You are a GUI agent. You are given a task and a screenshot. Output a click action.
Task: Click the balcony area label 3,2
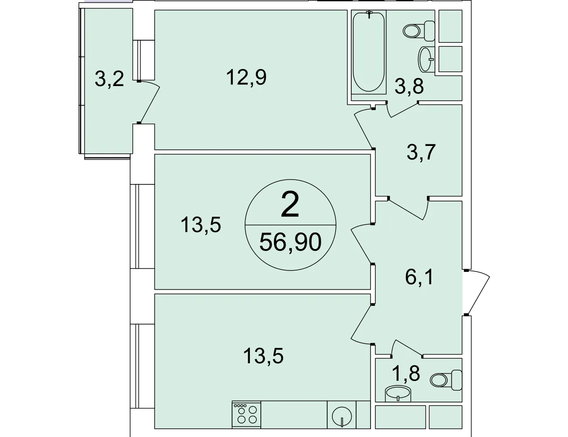tap(109, 80)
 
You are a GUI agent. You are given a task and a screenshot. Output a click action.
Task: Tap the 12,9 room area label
tap(246, 77)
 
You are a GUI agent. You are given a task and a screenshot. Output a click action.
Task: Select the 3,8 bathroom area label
tap(409, 86)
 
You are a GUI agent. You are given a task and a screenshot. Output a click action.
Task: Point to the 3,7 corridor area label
tap(421, 153)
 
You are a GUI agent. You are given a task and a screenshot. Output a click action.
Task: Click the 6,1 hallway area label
tap(419, 277)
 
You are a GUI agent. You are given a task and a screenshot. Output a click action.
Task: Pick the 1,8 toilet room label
tap(406, 373)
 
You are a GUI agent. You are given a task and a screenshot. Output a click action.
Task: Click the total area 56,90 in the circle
tap(290, 242)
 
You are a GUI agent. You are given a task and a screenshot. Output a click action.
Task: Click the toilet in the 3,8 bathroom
tap(419, 31)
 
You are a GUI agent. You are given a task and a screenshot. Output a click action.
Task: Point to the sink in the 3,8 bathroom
tap(426, 59)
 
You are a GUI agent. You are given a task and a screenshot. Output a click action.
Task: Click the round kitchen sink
tap(342, 416)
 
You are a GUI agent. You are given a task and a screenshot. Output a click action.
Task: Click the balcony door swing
tap(149, 102)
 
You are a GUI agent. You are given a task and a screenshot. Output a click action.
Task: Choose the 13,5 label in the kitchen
tap(263, 356)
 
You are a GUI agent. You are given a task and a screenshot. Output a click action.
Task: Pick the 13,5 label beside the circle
tap(201, 225)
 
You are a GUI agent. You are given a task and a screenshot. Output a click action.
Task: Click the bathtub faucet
tap(369, 14)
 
